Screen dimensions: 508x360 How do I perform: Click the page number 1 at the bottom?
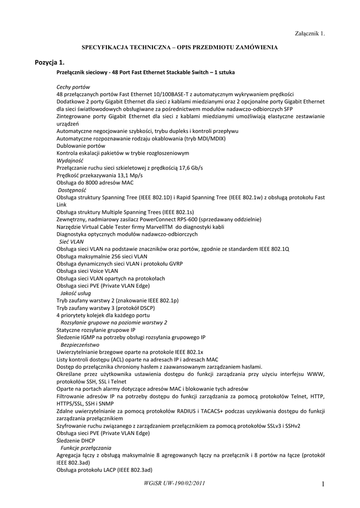pyautogui.click(x=322, y=484)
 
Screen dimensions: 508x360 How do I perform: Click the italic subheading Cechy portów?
pyautogui.click(x=73, y=86)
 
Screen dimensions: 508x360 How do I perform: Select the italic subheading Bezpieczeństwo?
pyautogui.click(x=80, y=344)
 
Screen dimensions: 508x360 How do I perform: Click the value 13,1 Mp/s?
pyautogui.click(x=130, y=175)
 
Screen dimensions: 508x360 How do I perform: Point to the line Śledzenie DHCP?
pyautogui.click(x=75, y=441)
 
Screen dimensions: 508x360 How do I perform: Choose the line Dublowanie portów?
pyautogui.click(x=80, y=146)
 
